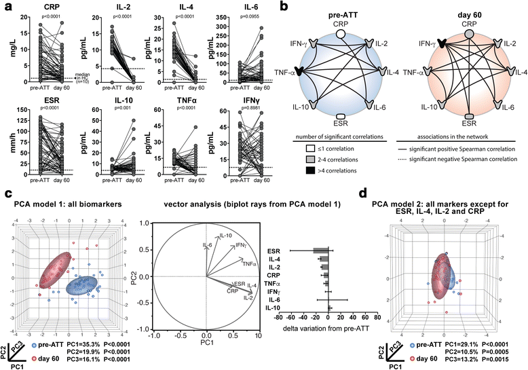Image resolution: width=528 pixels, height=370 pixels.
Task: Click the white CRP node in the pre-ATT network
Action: (x=342, y=33)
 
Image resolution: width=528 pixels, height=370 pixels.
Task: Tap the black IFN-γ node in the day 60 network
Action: (x=424, y=43)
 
